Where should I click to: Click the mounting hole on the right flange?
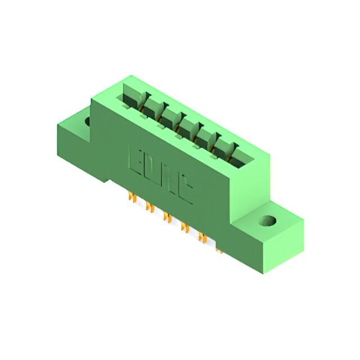point(269,220)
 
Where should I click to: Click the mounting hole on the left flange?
point(88,120)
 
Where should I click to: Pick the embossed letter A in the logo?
point(169,180)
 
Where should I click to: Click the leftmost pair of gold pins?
point(133,198)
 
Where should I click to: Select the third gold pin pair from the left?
point(166,217)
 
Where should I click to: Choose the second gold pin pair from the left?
point(150,208)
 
